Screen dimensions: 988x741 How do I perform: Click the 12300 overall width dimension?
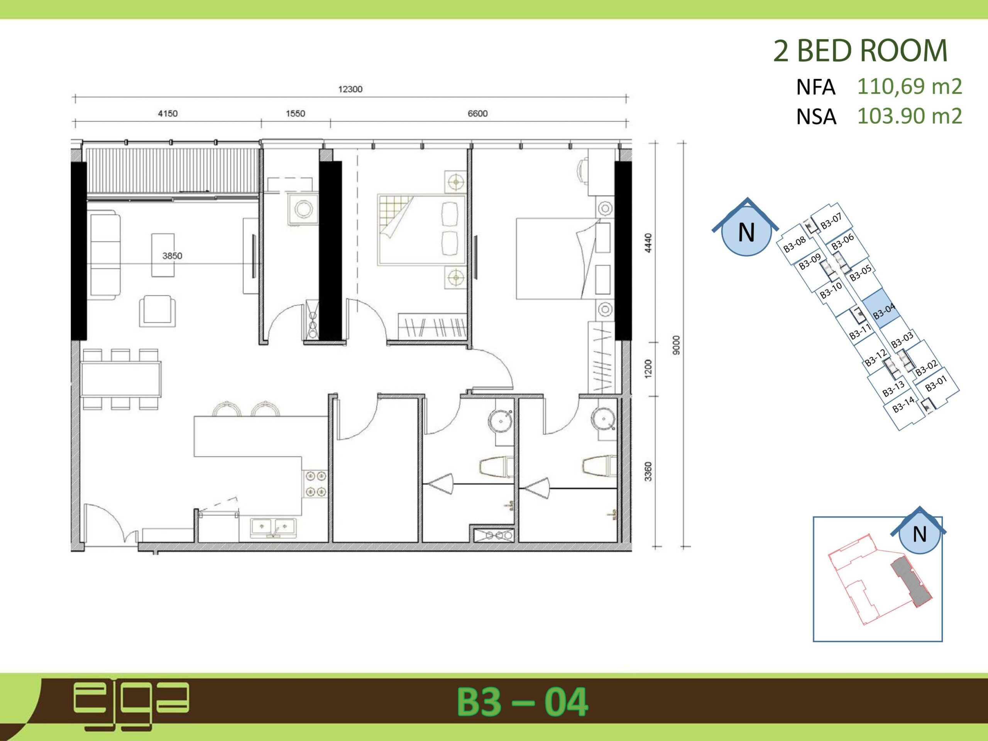[x=350, y=89]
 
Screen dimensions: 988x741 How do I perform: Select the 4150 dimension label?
[x=167, y=113]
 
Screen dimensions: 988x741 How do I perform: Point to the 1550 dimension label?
[x=295, y=113]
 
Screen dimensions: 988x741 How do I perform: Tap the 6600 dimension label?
[x=477, y=113]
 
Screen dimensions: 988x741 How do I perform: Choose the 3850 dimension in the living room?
[x=172, y=256]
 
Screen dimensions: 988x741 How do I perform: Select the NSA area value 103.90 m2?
[x=909, y=116]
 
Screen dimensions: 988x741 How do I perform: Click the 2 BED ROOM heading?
[x=860, y=51]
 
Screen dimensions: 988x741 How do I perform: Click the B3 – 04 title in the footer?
[x=522, y=702]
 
